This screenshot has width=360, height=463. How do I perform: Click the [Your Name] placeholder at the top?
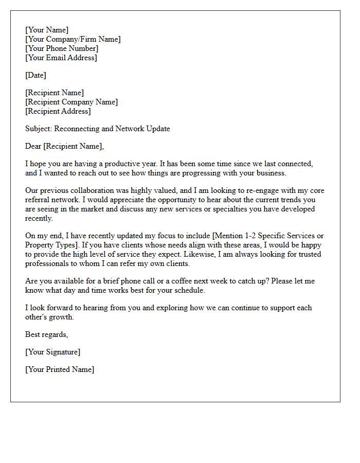click(x=47, y=30)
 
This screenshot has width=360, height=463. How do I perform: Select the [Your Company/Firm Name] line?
click(x=73, y=39)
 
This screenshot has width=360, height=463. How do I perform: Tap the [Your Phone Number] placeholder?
click(x=62, y=48)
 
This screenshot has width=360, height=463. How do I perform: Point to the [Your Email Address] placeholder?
click(x=61, y=58)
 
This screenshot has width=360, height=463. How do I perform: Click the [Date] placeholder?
click(x=35, y=75)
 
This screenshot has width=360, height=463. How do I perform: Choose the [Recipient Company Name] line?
click(x=71, y=102)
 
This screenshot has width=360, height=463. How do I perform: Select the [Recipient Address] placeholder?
click(x=58, y=111)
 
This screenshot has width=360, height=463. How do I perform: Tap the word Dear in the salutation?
click(x=33, y=146)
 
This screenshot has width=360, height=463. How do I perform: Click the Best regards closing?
click(x=46, y=334)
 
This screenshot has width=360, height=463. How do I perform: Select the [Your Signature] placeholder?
click(x=52, y=352)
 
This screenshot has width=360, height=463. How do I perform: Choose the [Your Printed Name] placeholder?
click(x=60, y=369)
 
